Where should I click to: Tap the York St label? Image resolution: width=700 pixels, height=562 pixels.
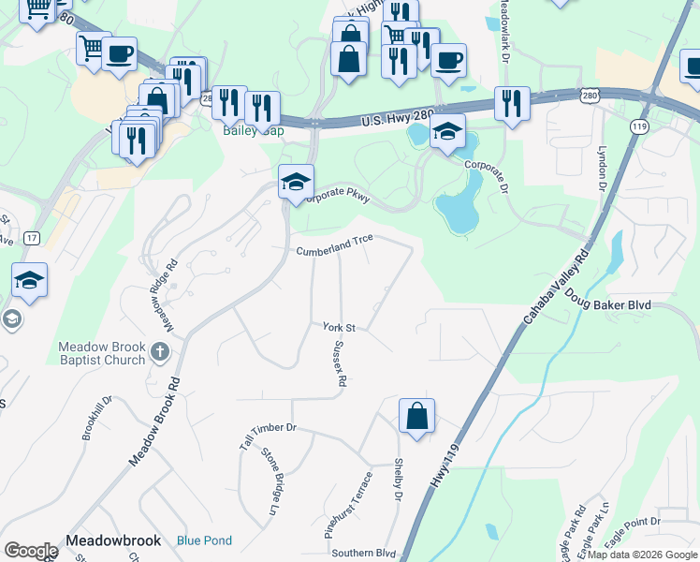[x=340, y=327]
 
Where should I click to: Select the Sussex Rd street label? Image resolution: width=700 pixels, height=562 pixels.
[x=340, y=363]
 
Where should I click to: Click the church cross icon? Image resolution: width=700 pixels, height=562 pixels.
[x=159, y=353]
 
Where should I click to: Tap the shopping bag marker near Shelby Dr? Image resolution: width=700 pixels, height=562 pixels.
[x=416, y=415]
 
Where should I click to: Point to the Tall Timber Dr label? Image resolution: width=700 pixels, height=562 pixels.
[x=267, y=436]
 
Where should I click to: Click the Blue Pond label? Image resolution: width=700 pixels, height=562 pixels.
[x=204, y=540]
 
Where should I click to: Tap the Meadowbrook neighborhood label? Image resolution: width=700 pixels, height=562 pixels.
[x=114, y=540]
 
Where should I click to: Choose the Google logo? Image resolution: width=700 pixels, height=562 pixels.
[x=32, y=551]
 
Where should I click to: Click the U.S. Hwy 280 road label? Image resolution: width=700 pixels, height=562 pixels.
[x=398, y=117]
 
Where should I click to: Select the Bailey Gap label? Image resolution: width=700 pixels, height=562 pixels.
[x=252, y=130]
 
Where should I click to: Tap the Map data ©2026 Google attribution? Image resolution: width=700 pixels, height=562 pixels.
[x=641, y=554]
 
